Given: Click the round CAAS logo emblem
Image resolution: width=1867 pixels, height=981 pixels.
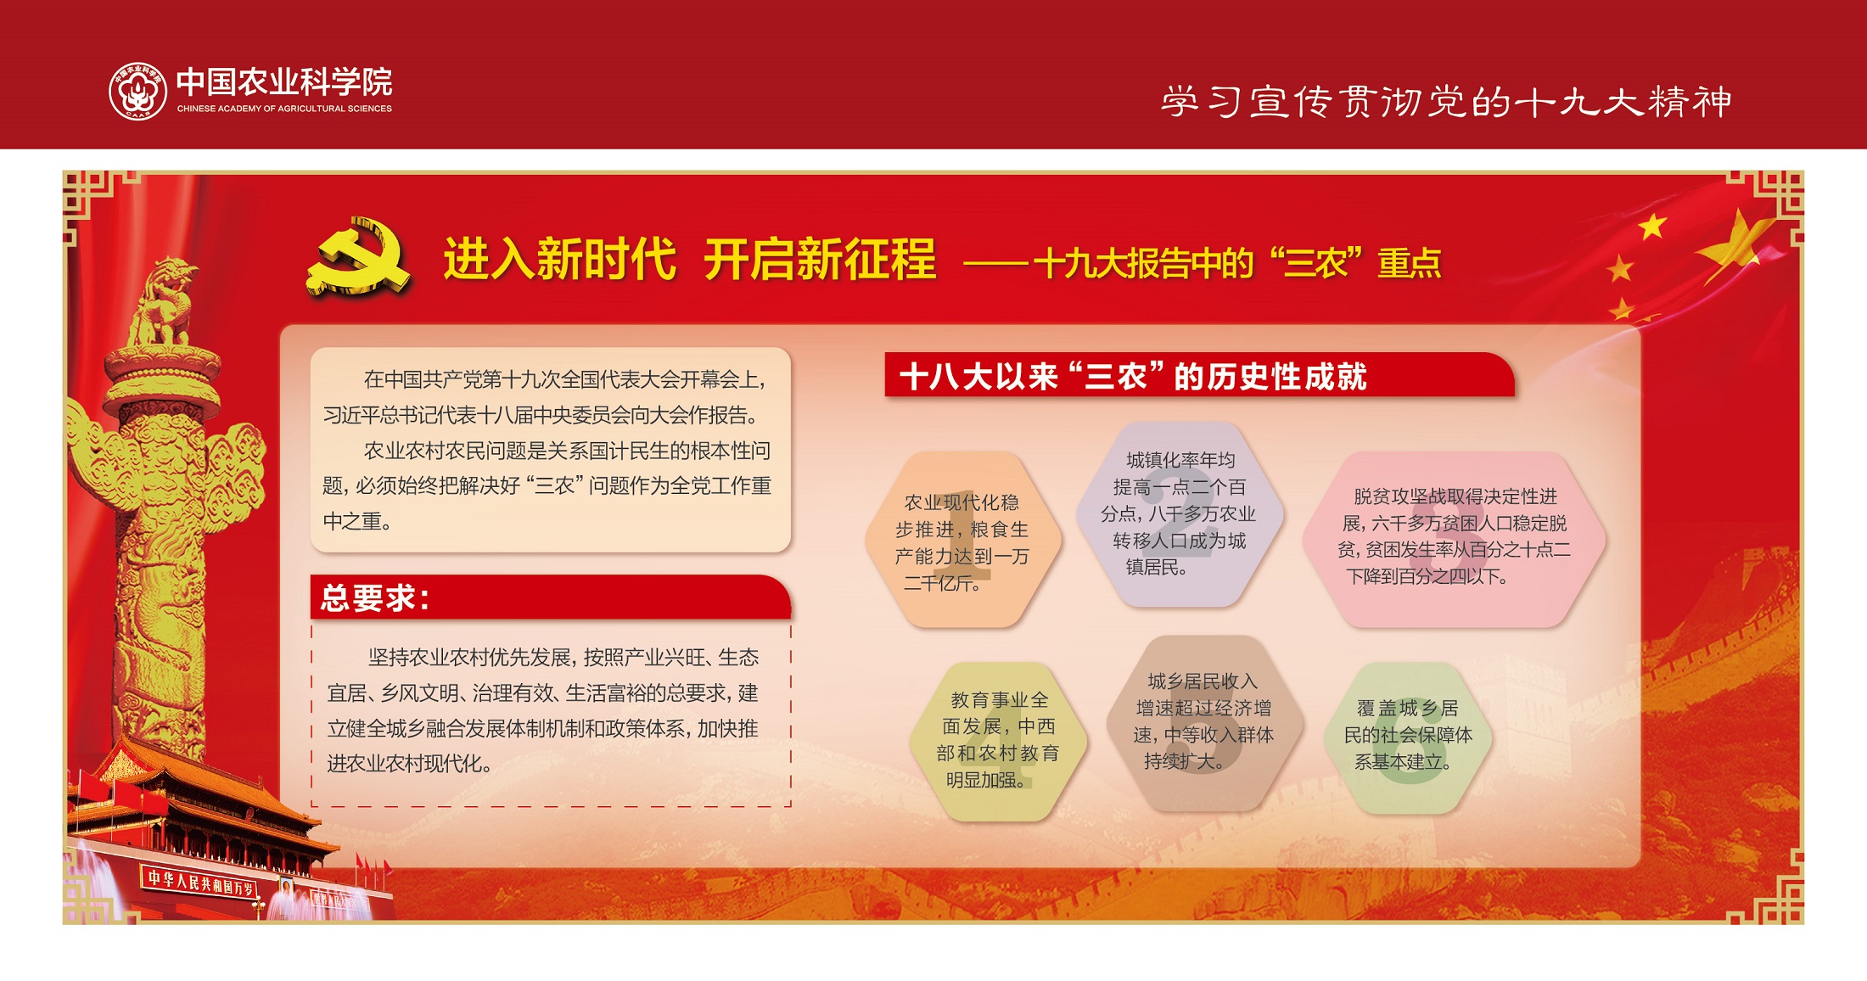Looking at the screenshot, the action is [x=138, y=91].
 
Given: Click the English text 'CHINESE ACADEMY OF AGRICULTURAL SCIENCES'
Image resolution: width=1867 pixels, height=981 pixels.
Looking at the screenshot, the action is [x=284, y=109].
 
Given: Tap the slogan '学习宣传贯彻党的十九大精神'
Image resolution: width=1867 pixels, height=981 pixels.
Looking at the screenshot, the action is [x=1446, y=102].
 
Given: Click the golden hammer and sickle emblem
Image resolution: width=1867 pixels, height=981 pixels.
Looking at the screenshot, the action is [x=359, y=257].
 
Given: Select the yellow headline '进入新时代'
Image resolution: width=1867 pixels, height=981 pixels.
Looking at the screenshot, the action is [x=560, y=259].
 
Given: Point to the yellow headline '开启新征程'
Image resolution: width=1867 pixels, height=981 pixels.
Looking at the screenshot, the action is [x=820, y=259].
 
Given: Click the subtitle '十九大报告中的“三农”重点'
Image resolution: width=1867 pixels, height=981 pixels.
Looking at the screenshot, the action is [x=1237, y=263].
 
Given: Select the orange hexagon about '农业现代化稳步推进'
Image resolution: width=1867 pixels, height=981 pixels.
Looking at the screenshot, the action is [x=963, y=541].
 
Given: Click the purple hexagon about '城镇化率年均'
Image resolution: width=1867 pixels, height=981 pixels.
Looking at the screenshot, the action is [x=1180, y=514].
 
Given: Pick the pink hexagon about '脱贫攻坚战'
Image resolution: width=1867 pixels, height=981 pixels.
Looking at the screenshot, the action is [x=1454, y=540].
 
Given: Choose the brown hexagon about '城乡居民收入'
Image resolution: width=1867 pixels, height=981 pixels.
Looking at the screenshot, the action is [x=1203, y=722].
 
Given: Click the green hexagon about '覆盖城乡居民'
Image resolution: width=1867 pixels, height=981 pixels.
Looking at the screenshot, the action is [x=1408, y=737].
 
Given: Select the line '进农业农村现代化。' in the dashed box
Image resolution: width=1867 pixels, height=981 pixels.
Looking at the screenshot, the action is [x=410, y=764].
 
